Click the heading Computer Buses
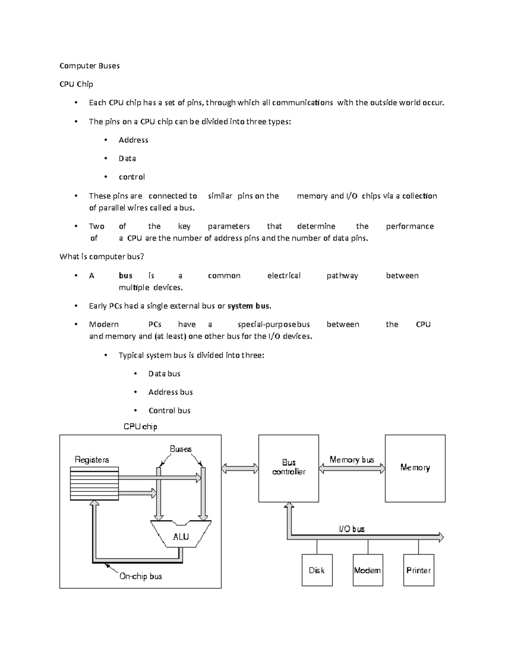90,66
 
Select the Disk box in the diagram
317,570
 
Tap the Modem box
367,570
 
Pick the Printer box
418,570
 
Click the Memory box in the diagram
415,468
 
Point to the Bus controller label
289,467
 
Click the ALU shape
181,536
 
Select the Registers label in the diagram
92,459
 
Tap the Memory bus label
352,459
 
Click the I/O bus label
352,529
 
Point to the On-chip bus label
141,576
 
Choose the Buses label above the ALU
181,449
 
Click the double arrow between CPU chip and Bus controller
240,468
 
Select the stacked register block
94,483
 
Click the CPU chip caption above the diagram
140,427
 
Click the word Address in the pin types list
133,140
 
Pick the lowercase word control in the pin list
132,177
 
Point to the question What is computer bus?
102,256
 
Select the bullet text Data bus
164,374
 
